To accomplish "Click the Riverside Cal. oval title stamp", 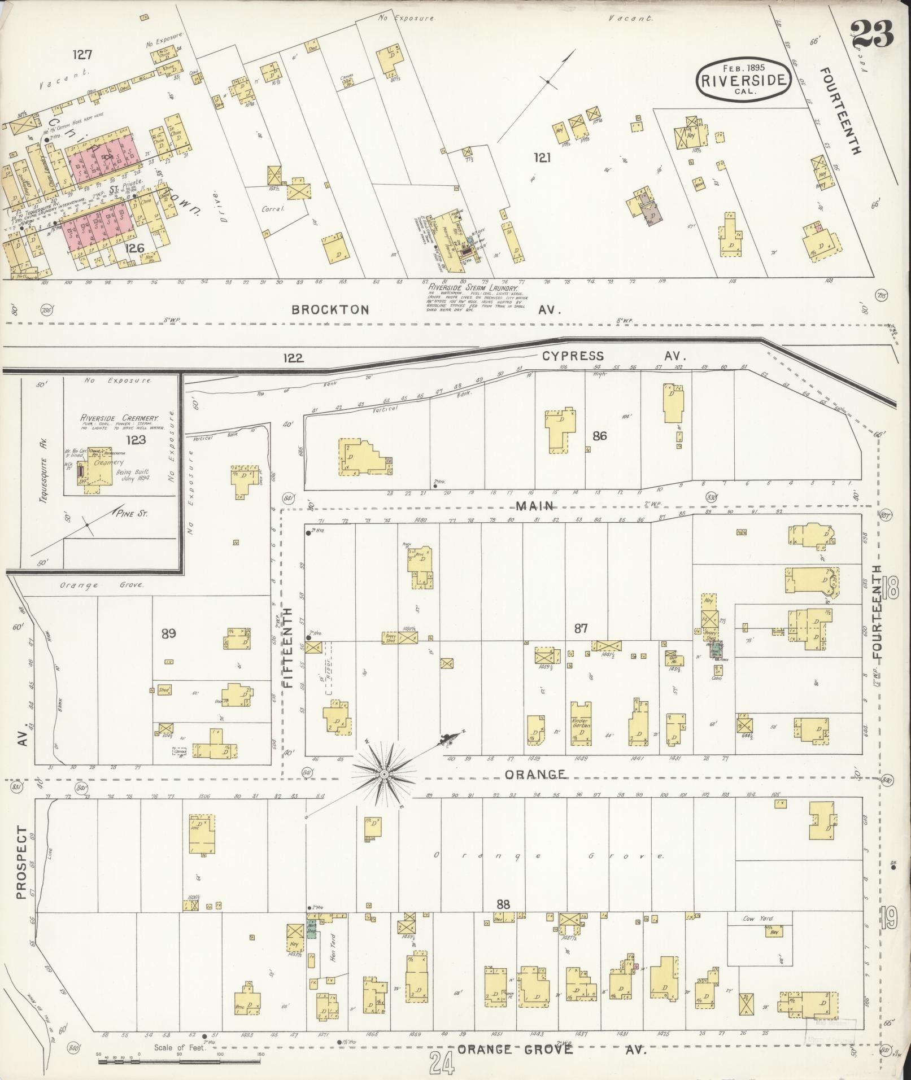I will point(743,80).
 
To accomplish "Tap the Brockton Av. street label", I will point(330,310).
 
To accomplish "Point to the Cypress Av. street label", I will point(573,356).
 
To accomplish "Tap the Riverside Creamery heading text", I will point(119,418).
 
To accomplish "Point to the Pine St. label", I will point(131,514).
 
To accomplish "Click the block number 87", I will point(581,628).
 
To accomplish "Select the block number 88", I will point(503,904).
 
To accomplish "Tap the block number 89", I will point(168,633).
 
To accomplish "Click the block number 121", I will point(542,159).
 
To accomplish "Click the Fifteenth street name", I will point(289,647).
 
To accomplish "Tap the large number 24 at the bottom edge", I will point(442,1064).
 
